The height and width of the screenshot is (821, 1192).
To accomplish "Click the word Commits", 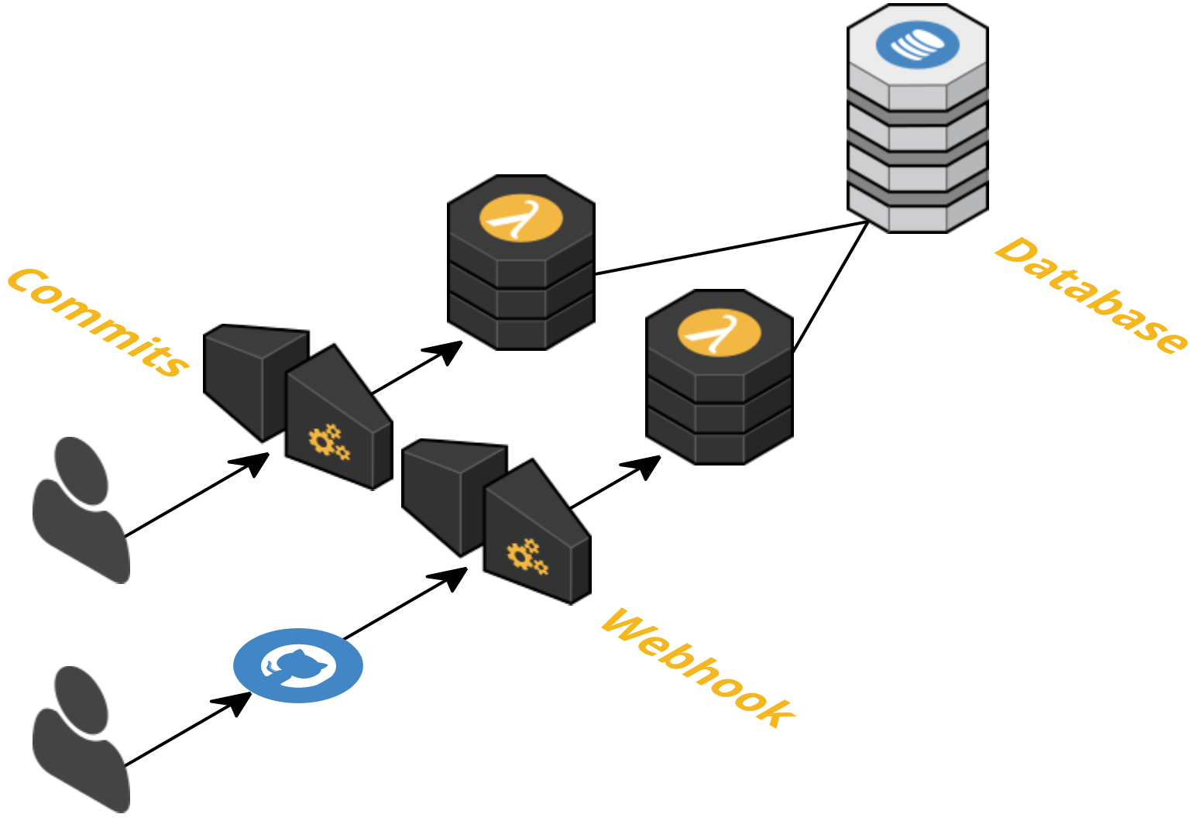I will tap(98, 322).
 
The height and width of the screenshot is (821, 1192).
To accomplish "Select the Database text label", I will tap(1091, 295).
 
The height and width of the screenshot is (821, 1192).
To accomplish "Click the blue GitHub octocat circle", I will tap(298, 666).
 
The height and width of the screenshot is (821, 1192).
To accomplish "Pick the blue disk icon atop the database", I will tap(918, 44).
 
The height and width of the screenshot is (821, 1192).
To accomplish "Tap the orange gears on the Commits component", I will tap(328, 442).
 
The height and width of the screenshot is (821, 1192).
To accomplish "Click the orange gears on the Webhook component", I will tap(527, 557).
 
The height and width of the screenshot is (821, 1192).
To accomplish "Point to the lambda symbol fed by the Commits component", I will tap(521, 219).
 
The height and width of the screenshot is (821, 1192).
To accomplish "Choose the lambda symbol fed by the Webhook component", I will tap(719, 334).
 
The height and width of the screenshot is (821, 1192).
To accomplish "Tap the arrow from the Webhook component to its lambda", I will tap(615, 483).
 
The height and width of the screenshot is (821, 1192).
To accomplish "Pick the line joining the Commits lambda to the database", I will tap(732, 248).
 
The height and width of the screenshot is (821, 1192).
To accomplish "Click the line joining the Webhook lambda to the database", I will tap(830, 287).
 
